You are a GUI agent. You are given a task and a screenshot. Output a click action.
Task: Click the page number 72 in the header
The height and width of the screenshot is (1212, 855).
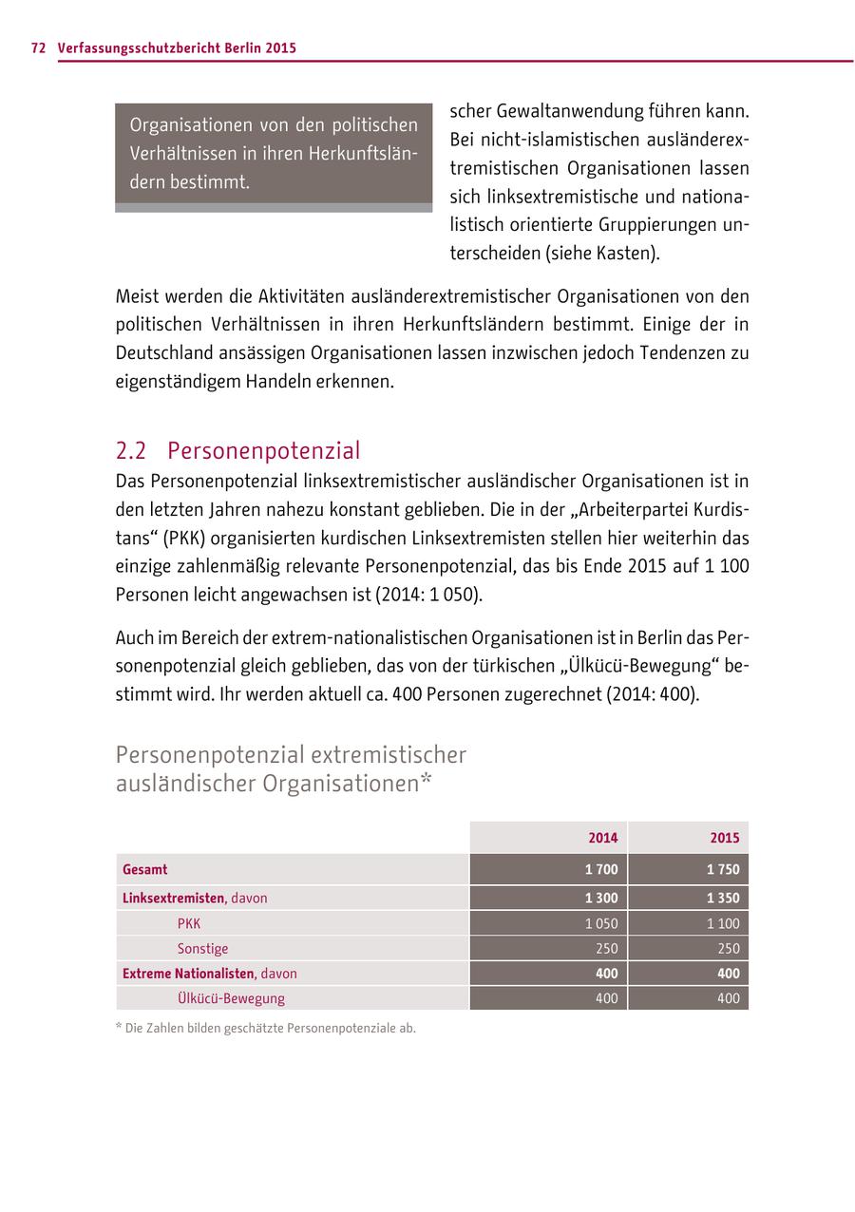(38, 47)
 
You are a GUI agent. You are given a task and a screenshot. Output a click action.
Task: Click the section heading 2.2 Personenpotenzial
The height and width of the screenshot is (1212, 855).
(237, 450)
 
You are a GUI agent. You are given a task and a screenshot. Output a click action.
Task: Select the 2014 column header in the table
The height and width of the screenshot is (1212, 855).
(602, 838)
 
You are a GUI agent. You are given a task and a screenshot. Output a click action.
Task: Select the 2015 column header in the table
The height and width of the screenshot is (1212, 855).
(724, 838)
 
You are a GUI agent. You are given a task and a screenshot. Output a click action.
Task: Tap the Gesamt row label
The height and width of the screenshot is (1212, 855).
(144, 869)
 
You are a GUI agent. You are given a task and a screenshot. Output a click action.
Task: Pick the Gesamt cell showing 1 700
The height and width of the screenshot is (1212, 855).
(601, 869)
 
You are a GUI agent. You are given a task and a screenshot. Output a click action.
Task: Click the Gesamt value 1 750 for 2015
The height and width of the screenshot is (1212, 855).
(723, 869)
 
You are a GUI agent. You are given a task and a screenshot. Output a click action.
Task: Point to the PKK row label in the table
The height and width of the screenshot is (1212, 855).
(189, 923)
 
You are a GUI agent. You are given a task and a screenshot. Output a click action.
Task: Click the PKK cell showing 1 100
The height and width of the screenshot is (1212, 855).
(723, 923)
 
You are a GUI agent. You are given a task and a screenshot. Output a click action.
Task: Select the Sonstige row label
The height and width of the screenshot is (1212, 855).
(202, 948)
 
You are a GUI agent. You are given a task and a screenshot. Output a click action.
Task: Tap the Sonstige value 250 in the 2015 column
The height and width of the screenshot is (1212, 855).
(728, 948)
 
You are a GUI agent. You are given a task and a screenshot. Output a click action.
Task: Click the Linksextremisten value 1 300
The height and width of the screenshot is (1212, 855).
(601, 898)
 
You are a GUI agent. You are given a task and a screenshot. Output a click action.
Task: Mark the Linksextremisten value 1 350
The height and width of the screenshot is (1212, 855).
(723, 898)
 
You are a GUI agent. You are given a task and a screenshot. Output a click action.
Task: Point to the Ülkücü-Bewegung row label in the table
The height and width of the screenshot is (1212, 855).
(231, 998)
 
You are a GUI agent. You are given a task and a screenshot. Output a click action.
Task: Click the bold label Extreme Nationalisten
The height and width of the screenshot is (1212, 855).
(188, 974)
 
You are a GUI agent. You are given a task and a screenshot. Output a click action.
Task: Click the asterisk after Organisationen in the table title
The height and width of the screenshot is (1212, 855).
(427, 781)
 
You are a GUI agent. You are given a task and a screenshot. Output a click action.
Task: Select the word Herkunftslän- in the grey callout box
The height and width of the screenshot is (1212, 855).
(363, 153)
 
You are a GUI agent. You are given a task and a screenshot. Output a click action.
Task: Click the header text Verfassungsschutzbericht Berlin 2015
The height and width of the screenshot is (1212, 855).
(177, 47)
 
